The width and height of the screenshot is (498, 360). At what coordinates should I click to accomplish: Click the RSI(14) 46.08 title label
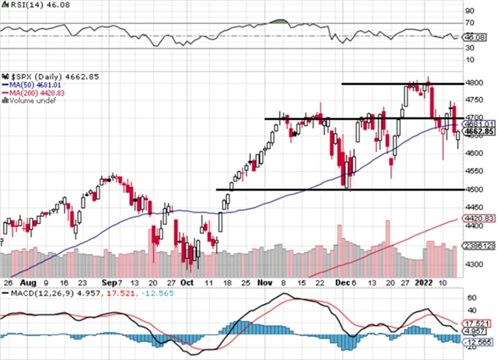(x=29, y=5)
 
